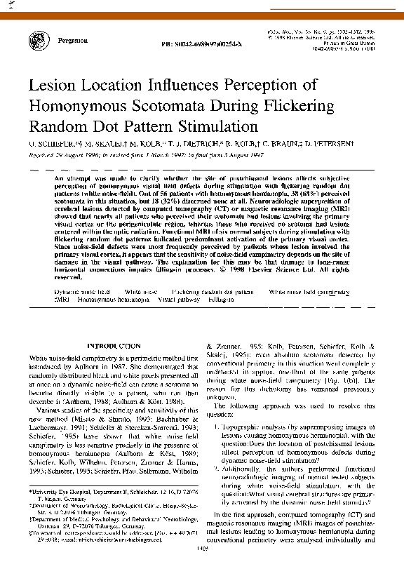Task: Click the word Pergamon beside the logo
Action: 74,41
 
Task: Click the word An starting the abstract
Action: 58,180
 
